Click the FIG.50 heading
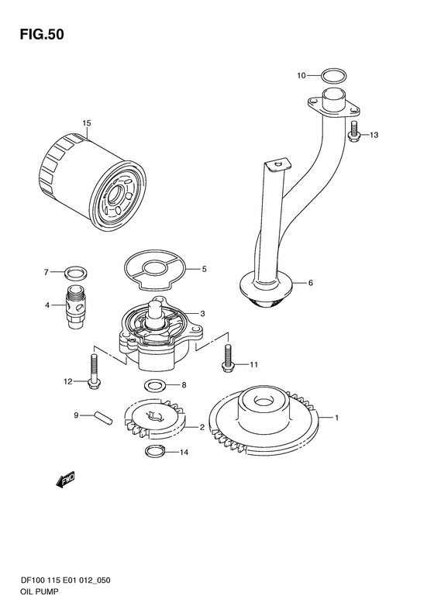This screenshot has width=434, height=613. (42, 34)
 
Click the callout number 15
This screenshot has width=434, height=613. (87, 123)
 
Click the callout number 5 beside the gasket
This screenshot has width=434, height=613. (204, 269)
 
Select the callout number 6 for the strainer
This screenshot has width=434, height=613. (311, 283)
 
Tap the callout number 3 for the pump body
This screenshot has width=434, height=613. (202, 314)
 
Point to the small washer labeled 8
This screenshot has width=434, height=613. (155, 386)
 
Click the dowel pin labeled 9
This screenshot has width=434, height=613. (104, 417)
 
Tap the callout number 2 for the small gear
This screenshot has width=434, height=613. (202, 427)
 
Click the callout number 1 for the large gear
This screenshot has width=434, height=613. (336, 418)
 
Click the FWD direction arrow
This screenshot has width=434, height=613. (65, 480)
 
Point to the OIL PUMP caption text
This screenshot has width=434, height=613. (39, 591)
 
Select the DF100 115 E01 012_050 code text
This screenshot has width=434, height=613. (65, 580)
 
